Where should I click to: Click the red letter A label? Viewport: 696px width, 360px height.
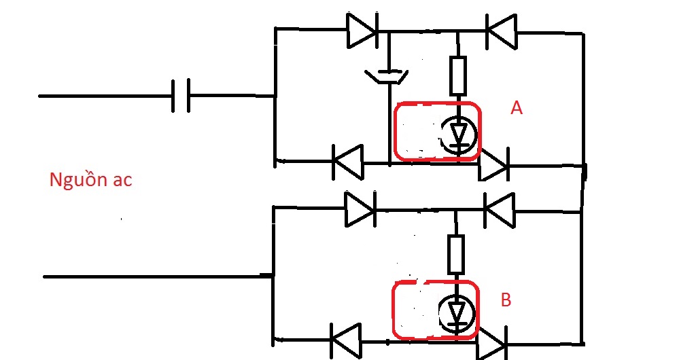[517, 108]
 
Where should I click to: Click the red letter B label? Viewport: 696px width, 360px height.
[506, 300]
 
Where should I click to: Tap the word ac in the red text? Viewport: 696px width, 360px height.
[122, 181]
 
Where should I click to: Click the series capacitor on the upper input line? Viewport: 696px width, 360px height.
[181, 95]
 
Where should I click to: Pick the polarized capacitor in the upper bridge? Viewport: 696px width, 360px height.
[387, 76]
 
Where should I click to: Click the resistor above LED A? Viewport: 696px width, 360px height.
[458, 76]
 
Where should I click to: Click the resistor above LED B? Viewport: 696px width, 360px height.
[456, 255]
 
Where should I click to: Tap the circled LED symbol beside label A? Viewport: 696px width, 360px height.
[458, 134]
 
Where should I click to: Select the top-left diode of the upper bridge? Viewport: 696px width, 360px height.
[362, 30]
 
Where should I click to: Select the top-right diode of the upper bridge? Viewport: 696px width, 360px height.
[502, 31]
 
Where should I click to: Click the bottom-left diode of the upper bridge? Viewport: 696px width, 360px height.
[348, 162]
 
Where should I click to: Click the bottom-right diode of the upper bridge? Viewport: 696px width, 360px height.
[493, 166]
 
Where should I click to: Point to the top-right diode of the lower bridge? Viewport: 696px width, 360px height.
[500, 210]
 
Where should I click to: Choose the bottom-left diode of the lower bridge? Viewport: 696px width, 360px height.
[346, 340]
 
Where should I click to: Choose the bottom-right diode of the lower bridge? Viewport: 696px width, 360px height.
[491, 344]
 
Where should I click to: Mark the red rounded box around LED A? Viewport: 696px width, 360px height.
[394, 132]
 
